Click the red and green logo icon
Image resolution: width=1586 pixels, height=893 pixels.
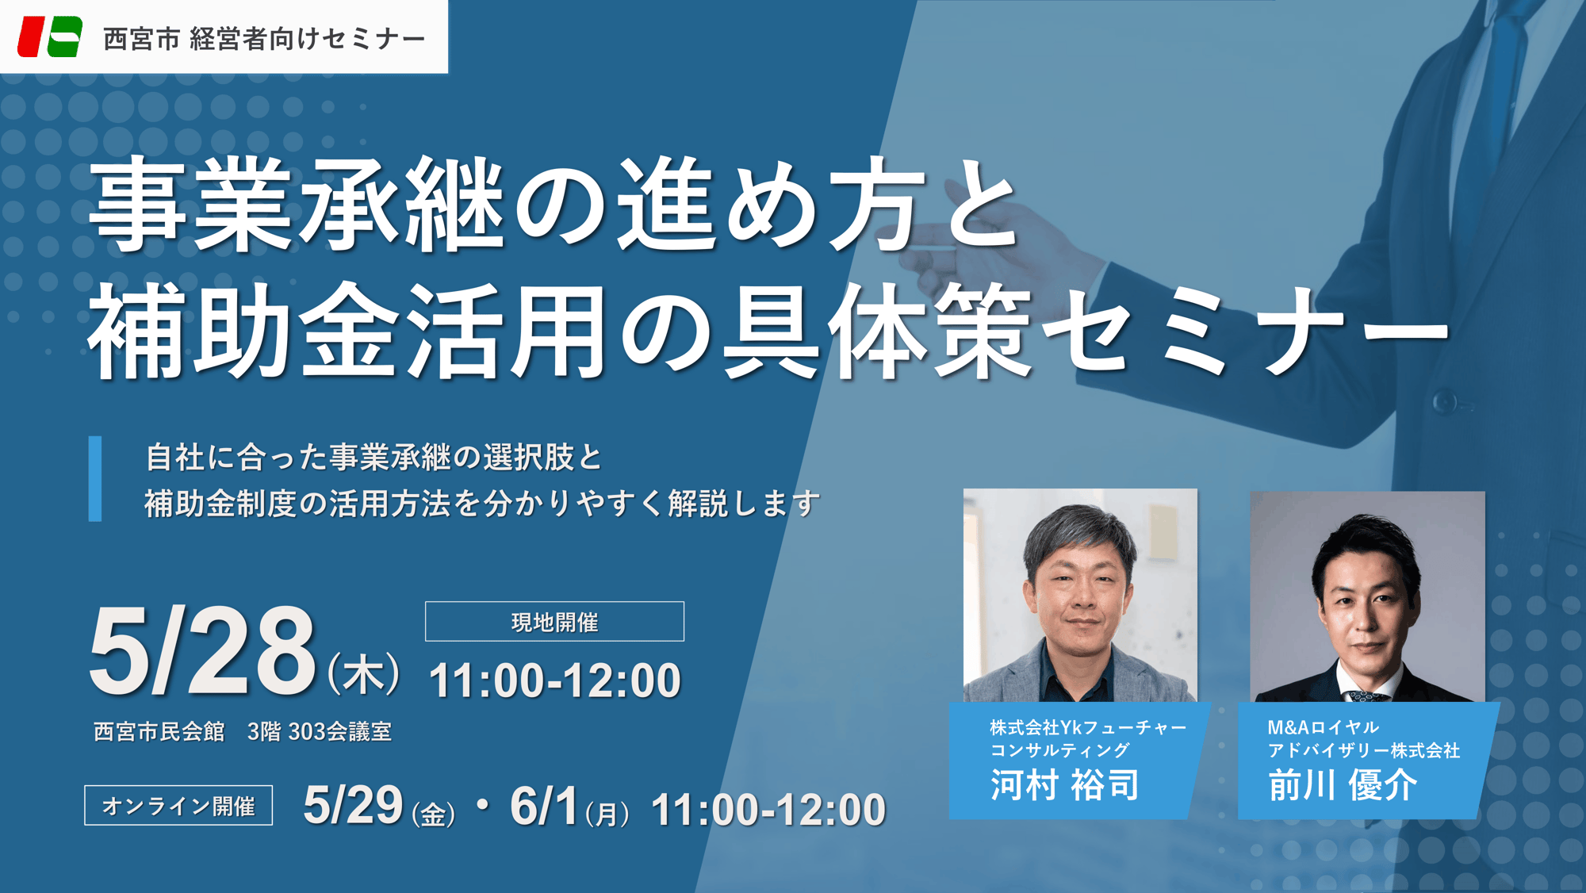[x=50, y=36]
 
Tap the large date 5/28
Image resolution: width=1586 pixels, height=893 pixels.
[x=203, y=651]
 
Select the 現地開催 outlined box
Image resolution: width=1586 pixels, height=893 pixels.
[x=554, y=621]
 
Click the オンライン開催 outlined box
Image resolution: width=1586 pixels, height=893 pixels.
[x=178, y=805]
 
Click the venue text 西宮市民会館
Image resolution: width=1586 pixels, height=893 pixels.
[x=159, y=731]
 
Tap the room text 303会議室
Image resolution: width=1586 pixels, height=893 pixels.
[x=340, y=731]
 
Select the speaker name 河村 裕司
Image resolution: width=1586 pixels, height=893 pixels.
[x=1065, y=785]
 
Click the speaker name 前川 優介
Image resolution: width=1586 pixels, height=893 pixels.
[x=1343, y=785]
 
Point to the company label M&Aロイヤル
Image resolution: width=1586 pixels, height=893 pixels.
[x=1323, y=727]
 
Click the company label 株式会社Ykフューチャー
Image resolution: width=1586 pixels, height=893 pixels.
[x=1088, y=727]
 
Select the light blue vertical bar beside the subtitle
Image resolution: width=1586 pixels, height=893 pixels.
[x=95, y=478]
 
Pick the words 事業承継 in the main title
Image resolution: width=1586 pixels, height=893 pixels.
[x=298, y=205]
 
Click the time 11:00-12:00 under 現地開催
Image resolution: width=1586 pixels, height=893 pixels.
[x=554, y=680]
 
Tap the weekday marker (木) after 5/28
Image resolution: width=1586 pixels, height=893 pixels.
[x=364, y=674]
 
